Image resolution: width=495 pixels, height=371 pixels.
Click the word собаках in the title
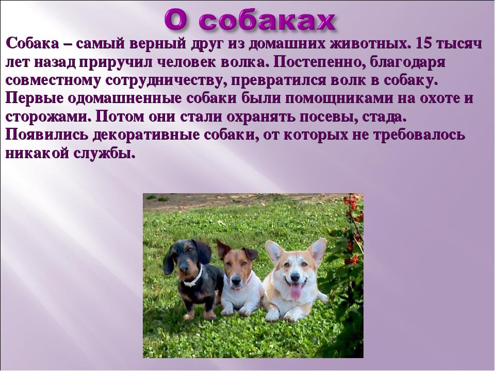[267, 22]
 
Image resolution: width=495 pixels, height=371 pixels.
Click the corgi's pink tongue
[295, 291]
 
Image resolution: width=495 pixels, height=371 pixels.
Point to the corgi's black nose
[295, 277]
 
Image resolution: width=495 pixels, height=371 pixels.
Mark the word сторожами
[48, 117]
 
